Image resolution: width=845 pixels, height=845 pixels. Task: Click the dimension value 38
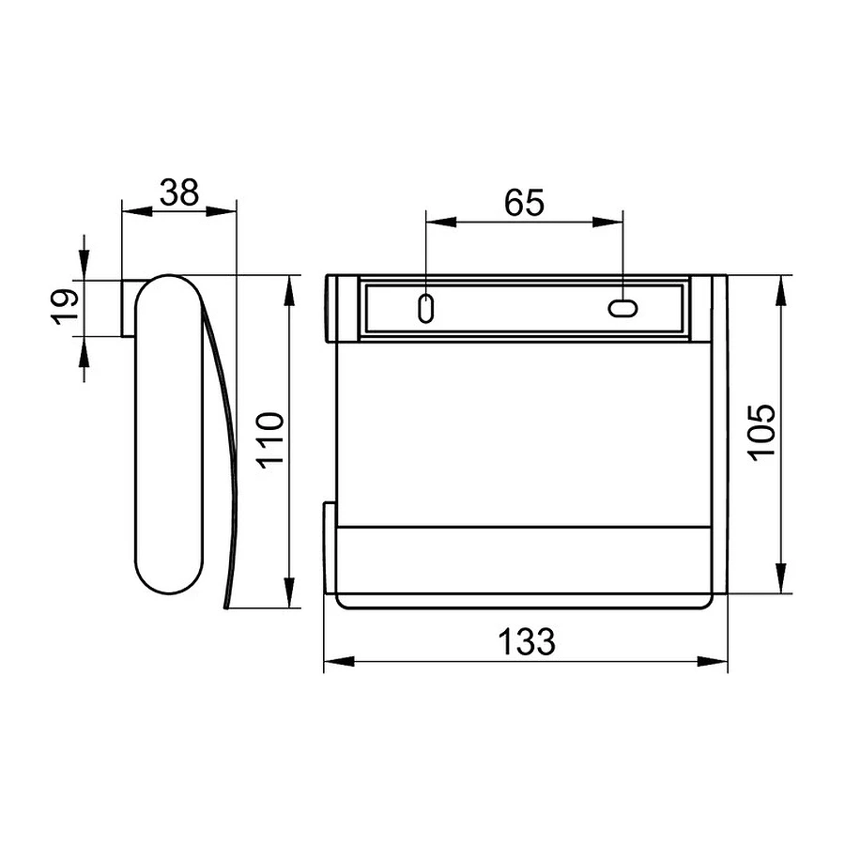[179, 192]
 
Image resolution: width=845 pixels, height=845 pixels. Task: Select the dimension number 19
[65, 307]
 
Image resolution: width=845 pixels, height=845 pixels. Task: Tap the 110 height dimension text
[269, 440]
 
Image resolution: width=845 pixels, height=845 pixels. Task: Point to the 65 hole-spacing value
[524, 203]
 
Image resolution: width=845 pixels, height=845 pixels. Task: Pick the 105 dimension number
[762, 433]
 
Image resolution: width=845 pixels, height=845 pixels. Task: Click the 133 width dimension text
[526, 641]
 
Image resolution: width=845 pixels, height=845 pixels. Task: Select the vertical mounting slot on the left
[425, 308]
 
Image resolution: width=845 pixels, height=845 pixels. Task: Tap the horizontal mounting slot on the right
[623, 309]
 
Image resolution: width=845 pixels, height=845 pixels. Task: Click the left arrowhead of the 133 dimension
[339, 662]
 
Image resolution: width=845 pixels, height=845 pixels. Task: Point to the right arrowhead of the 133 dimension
[713, 662]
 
